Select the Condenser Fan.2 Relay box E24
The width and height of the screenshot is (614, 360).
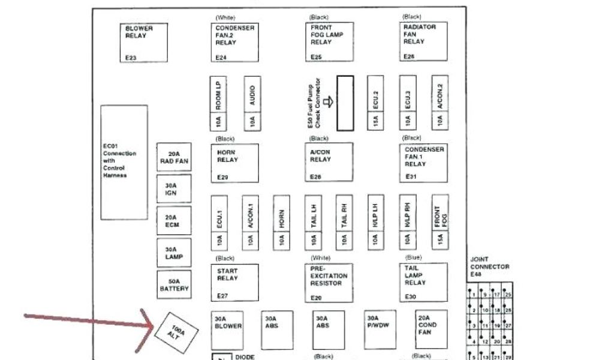point(234,42)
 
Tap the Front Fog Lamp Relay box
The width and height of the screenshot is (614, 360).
point(329,42)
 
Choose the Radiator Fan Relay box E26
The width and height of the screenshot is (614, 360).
point(423,42)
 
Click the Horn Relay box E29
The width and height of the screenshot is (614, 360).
point(234,163)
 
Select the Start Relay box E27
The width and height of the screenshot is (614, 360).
point(234,282)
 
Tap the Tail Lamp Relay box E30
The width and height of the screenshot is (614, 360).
point(423,282)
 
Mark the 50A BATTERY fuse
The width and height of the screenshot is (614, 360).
point(174,284)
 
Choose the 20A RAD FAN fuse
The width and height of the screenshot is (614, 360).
point(174,157)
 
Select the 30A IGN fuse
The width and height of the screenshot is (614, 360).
point(174,189)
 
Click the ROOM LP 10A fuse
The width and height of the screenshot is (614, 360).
point(218,103)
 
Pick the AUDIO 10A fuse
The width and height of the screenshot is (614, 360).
point(252,103)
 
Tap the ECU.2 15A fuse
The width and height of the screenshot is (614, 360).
point(375,103)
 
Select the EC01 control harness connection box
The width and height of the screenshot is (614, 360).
point(124,162)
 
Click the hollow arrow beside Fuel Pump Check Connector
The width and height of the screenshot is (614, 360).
point(327,102)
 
